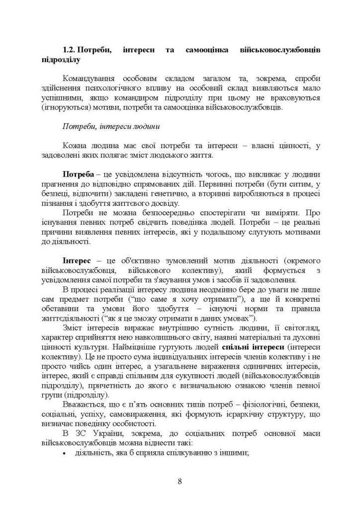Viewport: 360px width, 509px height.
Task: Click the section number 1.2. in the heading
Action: pos(69,50)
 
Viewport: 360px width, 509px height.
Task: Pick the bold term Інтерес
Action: pos(76,261)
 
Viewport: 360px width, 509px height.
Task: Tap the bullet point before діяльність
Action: pos(65,454)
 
